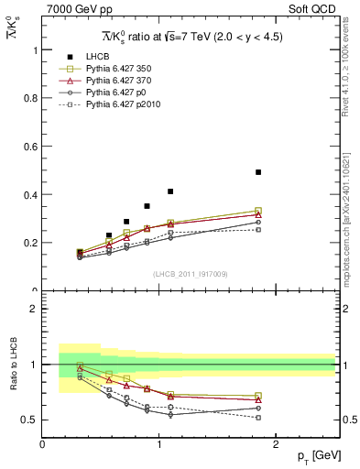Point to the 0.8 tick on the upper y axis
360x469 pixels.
tap(43, 98)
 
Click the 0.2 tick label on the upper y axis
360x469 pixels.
tap(30, 243)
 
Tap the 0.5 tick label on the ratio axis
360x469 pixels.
tap(30, 420)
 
